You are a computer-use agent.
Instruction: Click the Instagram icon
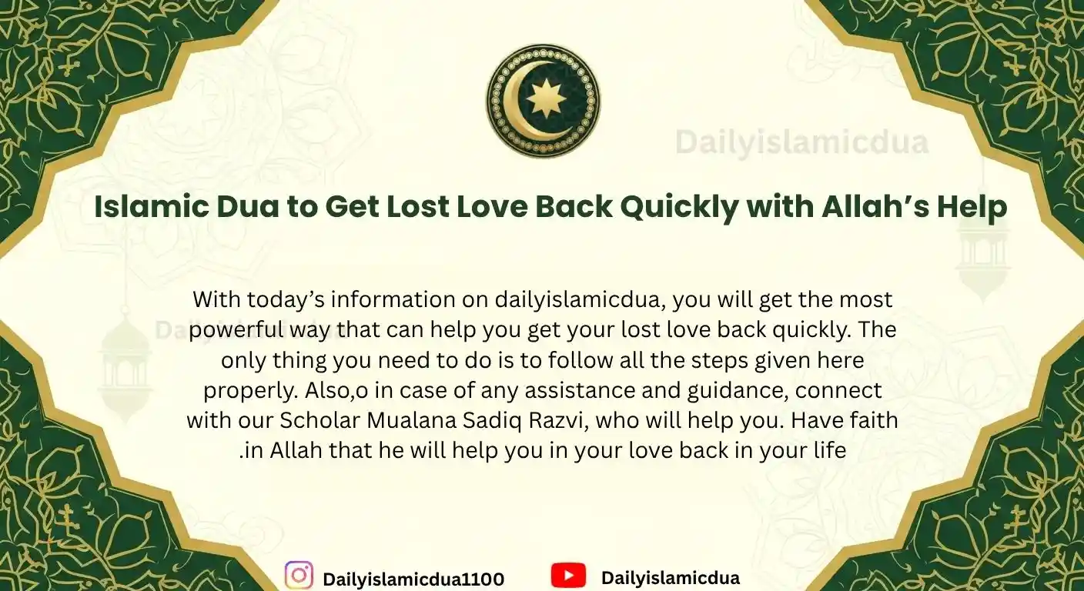tap(299, 576)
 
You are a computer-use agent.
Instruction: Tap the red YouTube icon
tap(568, 576)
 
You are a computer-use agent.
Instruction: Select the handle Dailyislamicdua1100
tap(413, 579)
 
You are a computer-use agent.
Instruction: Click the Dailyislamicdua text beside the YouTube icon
tap(670, 577)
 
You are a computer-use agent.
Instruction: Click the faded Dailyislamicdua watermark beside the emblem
tap(801, 143)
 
